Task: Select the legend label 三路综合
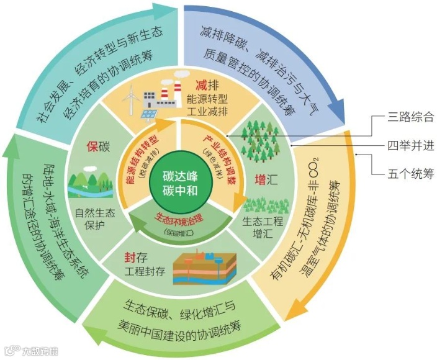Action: (410, 117)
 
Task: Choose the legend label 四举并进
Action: (410, 146)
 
